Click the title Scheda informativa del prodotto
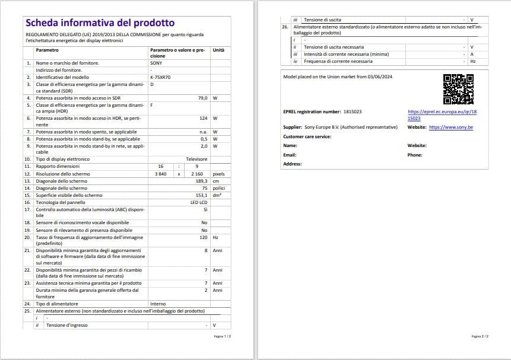pyautogui.click(x=100, y=23)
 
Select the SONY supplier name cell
pyautogui.click(x=156, y=63)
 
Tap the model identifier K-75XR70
pyautogui.click(x=160, y=77)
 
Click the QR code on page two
pyautogui.click(x=458, y=89)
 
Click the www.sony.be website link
pyautogui.click(x=450, y=127)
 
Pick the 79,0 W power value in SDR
pyautogui.click(x=202, y=98)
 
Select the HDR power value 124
pyautogui.click(x=203, y=118)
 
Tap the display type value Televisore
pyautogui.click(x=196, y=159)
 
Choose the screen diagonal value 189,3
pyautogui.click(x=202, y=181)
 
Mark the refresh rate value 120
pyautogui.click(x=204, y=237)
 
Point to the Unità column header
pyautogui.click(x=218, y=50)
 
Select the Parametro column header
pyautogui.click(x=47, y=50)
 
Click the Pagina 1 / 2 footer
pyautogui.click(x=223, y=336)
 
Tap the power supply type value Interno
pyautogui.click(x=158, y=304)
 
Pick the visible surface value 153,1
pyautogui.click(x=201, y=195)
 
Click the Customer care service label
pyautogui.click(x=307, y=136)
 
